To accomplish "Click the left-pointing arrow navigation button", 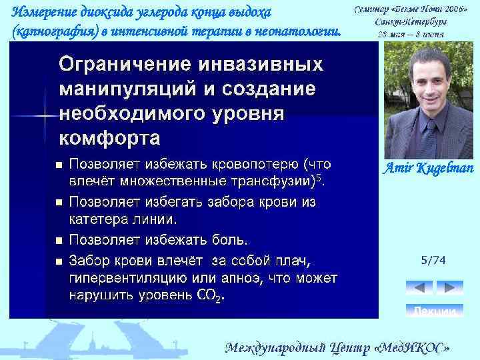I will [x=419, y=288].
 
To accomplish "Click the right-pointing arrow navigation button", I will [x=449, y=288].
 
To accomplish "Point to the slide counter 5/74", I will [x=433, y=260].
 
